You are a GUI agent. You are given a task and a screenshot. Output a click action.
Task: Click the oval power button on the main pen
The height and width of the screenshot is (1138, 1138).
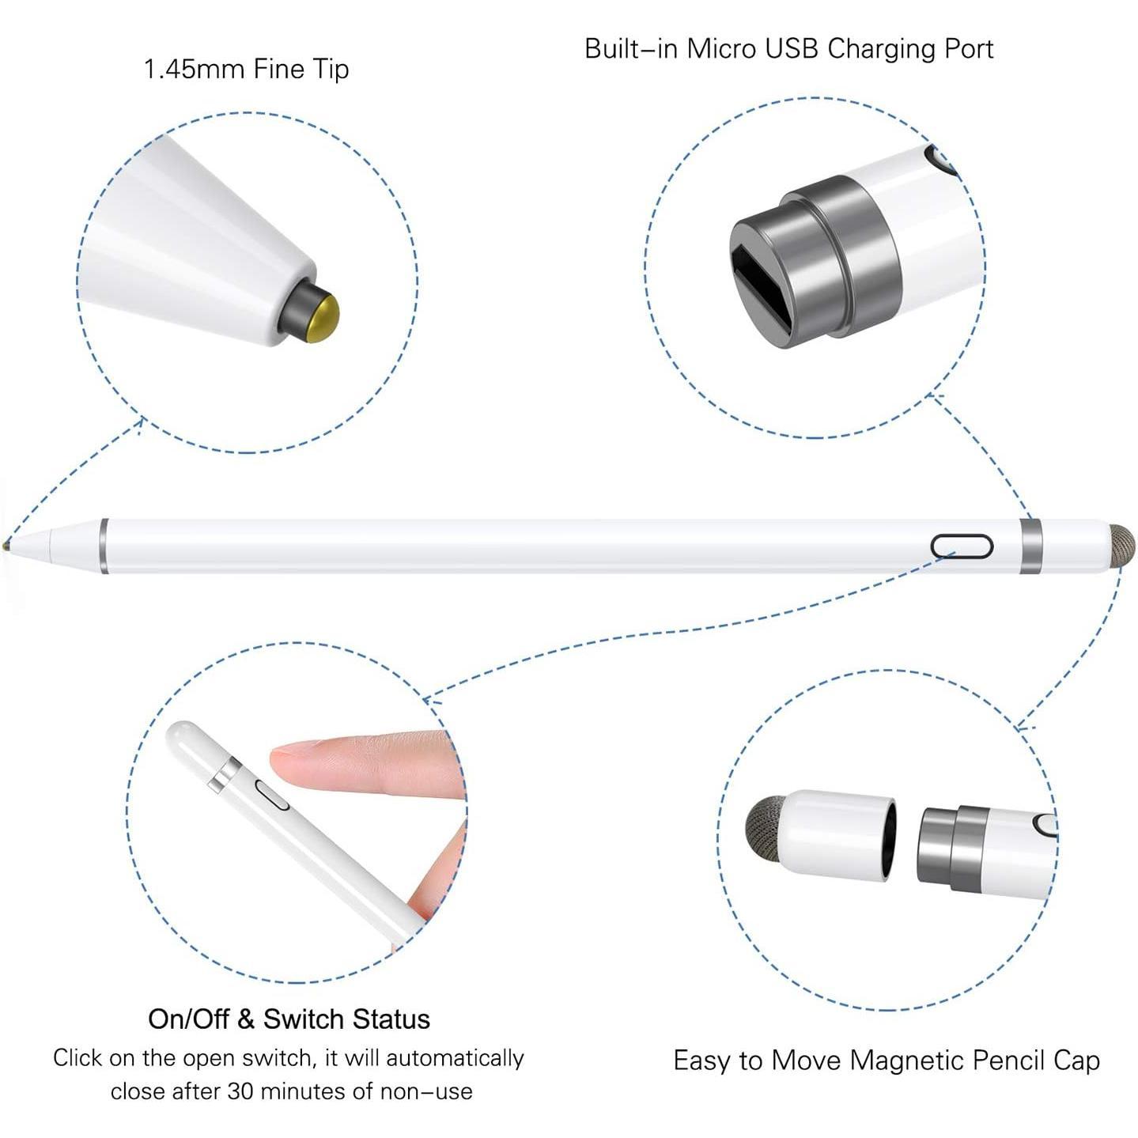(962, 546)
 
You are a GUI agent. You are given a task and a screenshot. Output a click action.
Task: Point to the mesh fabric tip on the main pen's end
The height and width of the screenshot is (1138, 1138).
(1122, 546)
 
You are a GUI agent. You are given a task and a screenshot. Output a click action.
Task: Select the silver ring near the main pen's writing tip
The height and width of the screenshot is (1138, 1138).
(104, 546)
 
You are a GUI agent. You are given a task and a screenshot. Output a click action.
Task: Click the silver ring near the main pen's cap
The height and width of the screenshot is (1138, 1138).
(1030, 546)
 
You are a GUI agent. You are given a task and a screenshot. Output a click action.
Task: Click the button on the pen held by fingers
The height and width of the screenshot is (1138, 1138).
(273, 795)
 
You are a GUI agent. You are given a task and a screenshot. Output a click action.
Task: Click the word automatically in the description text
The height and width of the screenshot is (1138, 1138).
(455, 1058)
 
